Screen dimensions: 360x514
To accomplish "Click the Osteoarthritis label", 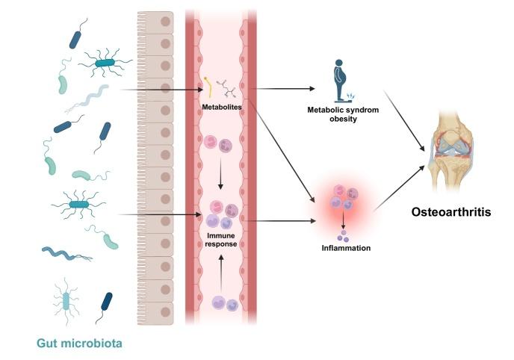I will pos(450,212).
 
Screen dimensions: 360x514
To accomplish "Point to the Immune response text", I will pos(223,239).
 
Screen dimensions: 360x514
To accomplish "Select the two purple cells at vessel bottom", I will pos(225,303).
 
